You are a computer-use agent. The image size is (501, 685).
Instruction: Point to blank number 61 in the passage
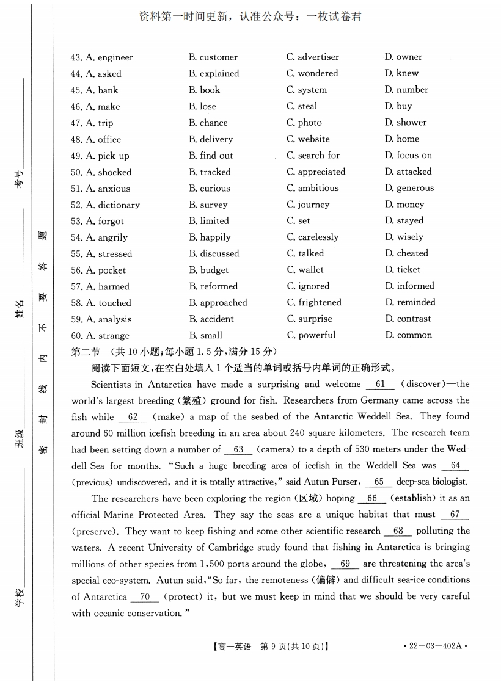click(381, 385)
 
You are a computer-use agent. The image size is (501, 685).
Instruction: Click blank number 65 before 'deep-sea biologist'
click(379, 482)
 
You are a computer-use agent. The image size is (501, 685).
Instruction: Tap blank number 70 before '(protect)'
click(145, 596)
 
